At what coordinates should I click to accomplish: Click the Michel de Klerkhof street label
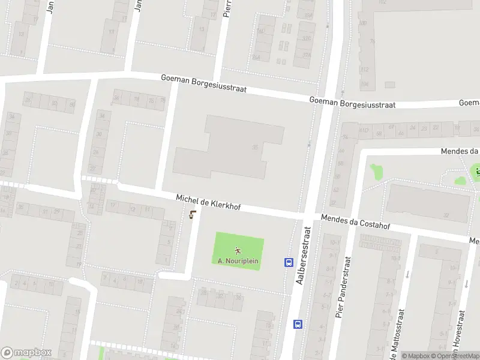coord(208,202)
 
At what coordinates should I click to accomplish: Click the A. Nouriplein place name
coord(238,261)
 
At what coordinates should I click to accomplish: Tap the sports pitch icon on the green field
coord(238,251)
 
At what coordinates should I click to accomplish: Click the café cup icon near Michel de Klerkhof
coord(192,215)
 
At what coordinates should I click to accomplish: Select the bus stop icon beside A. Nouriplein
coord(288,262)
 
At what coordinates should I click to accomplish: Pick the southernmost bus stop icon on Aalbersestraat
coord(298,324)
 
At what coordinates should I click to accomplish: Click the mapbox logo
coord(26,352)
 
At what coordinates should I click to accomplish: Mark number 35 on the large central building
coord(255,147)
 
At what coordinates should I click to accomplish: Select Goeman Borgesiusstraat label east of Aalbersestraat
coord(352,103)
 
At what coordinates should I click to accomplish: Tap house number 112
coord(364,69)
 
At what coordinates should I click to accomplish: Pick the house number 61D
coord(364,128)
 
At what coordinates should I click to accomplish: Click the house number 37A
coord(307,54)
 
